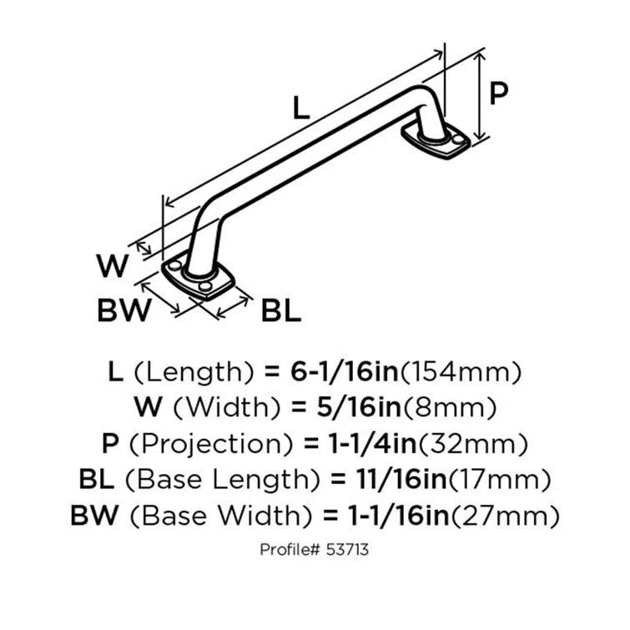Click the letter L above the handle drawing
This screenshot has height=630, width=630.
click(x=301, y=108)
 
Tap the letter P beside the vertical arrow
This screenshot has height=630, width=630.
click(x=499, y=93)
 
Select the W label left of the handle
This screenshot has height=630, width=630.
click(x=113, y=265)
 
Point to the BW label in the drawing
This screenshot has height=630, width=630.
click(x=124, y=310)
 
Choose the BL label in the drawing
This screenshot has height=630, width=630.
click(x=281, y=310)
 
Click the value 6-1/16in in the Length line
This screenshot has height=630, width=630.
click(x=345, y=371)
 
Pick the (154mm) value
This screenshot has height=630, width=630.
click(x=461, y=372)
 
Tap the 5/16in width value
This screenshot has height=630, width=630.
click(x=359, y=407)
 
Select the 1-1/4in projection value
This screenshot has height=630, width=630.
click(x=372, y=443)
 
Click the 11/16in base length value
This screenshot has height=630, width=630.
click(x=401, y=479)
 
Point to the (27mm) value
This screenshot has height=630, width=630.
click(x=505, y=516)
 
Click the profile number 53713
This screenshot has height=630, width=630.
click(x=347, y=550)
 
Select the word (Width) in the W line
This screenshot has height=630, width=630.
click(x=227, y=408)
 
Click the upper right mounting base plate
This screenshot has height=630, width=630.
click(x=436, y=141)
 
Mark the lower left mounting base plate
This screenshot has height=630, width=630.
click(x=199, y=280)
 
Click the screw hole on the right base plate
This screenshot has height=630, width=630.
click(x=457, y=139)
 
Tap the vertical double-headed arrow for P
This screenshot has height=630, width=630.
click(x=479, y=97)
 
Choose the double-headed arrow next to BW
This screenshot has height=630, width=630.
click(x=160, y=297)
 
